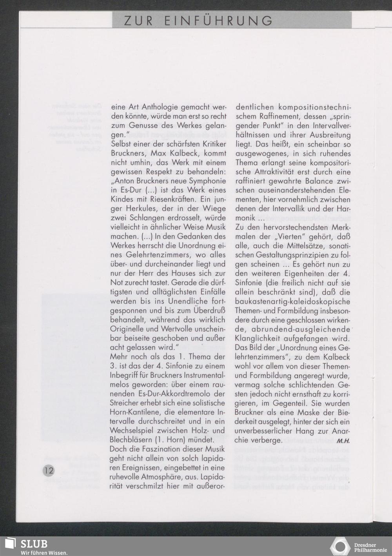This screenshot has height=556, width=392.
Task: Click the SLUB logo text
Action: click(34, 543)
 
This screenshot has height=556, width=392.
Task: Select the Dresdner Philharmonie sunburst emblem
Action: click(341, 547)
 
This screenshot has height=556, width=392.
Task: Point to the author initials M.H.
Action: click(343, 440)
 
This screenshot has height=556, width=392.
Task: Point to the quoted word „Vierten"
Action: click(287, 237)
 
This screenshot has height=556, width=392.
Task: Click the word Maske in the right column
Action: click(305, 412)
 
